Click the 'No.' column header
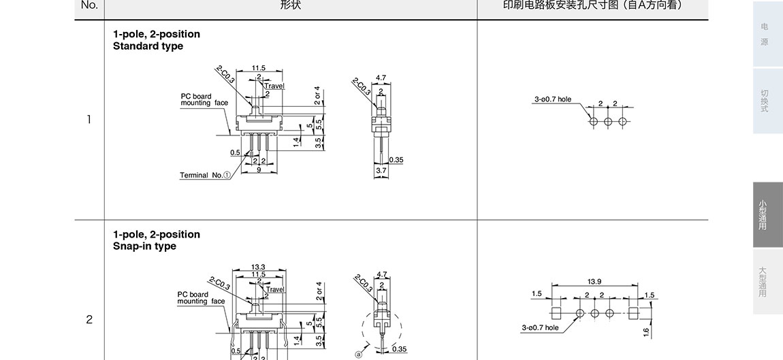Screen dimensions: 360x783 tap(89, 5)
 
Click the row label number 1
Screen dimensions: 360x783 tap(89, 120)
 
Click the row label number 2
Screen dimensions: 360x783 tap(89, 319)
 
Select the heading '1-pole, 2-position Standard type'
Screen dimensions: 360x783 tap(157, 40)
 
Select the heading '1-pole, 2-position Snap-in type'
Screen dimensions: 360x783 tap(157, 240)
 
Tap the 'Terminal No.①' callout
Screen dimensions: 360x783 tap(205, 175)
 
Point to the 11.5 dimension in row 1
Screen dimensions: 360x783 tap(259, 68)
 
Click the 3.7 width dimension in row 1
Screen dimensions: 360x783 tap(381, 171)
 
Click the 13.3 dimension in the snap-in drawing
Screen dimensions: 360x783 tap(258, 267)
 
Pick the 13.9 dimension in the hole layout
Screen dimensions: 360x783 tap(594, 281)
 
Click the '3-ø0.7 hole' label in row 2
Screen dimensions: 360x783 tap(540, 327)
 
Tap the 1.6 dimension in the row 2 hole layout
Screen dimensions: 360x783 tap(645, 332)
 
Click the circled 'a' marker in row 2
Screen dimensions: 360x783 tap(357, 354)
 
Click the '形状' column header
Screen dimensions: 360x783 tap(290, 5)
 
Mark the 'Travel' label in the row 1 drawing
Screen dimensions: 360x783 tap(274, 86)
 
